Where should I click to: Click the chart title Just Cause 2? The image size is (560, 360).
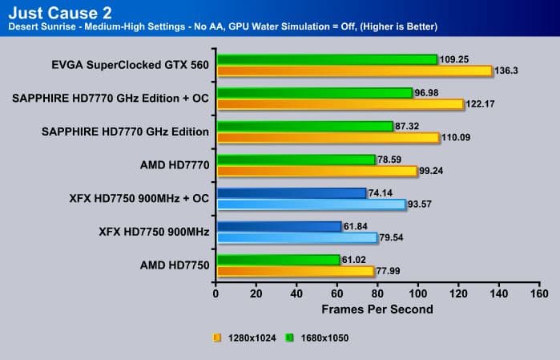click(49, 13)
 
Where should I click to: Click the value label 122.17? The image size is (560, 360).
click(479, 104)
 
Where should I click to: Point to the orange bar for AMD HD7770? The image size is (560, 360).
click(316, 171)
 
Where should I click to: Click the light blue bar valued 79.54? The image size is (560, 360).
click(296, 237)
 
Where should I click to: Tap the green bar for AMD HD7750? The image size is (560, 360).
click(277, 260)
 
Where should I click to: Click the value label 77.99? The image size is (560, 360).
click(389, 271)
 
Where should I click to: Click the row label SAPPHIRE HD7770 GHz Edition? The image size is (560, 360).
click(126, 131)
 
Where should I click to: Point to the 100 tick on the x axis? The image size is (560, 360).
click(417, 294)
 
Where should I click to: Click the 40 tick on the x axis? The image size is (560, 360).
click(296, 294)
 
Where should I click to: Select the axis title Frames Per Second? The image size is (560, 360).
click(377, 309)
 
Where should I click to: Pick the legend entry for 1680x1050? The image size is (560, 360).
click(320, 338)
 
